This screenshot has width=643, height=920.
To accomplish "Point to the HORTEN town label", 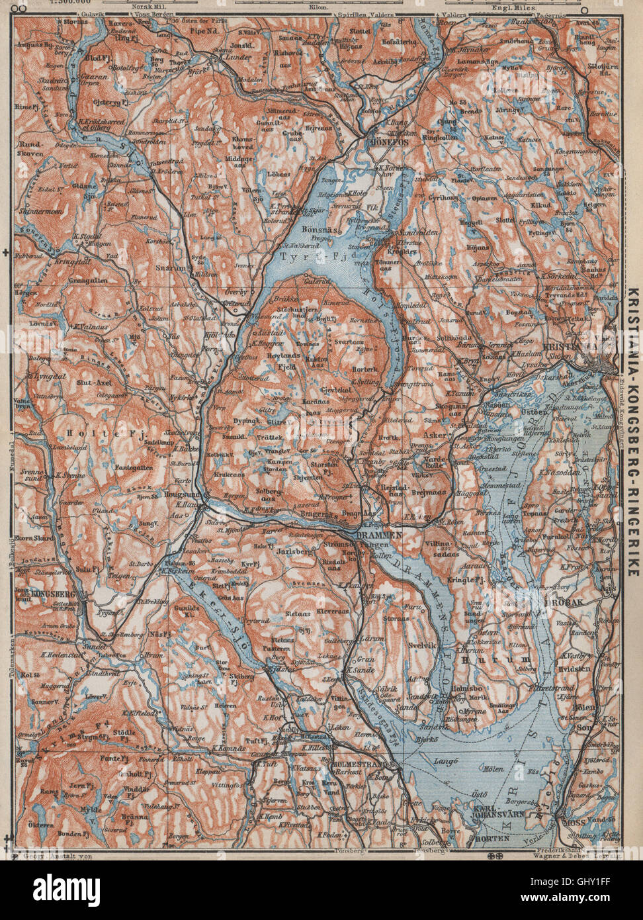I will click(492, 837).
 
